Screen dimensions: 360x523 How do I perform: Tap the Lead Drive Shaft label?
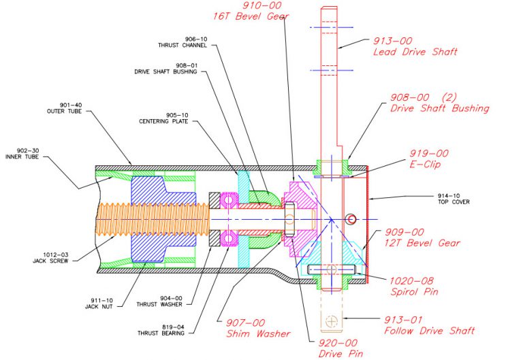(415, 52)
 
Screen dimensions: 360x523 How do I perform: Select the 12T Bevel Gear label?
(423, 243)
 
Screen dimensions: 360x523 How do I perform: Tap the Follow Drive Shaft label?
(429, 331)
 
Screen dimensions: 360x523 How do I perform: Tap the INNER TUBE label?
(28, 156)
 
